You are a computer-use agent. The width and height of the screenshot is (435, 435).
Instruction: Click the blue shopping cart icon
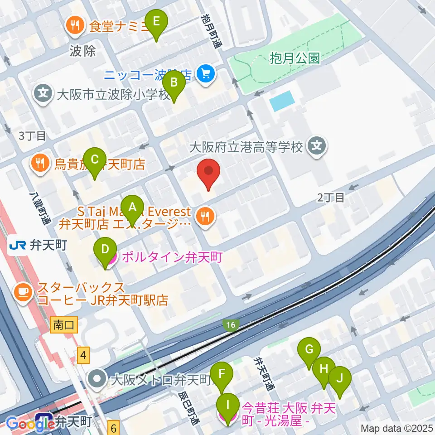[x=206, y=72]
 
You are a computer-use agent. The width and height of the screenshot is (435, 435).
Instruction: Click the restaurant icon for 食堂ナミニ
[x=74, y=25]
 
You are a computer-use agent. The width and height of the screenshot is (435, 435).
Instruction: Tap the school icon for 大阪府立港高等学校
[x=317, y=146]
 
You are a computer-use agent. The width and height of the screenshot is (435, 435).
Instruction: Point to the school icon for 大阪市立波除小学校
[x=43, y=95]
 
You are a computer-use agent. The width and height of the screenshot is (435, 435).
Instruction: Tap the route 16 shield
[x=231, y=325]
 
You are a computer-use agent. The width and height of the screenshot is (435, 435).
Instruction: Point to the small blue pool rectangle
[x=281, y=101]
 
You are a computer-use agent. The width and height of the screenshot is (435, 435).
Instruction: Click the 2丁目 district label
[x=331, y=197]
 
